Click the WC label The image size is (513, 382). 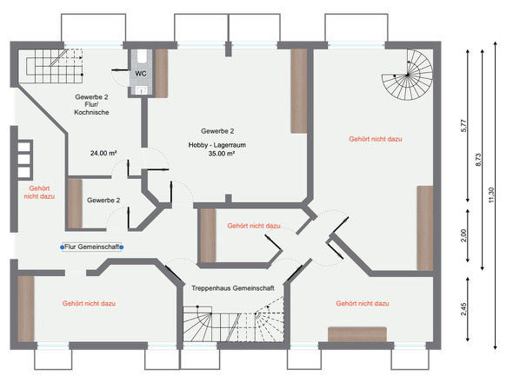click(140, 74)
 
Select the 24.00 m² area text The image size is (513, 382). click(103, 153)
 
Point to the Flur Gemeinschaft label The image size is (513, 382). click(91, 247)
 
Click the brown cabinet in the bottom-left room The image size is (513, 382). click(26, 306)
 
